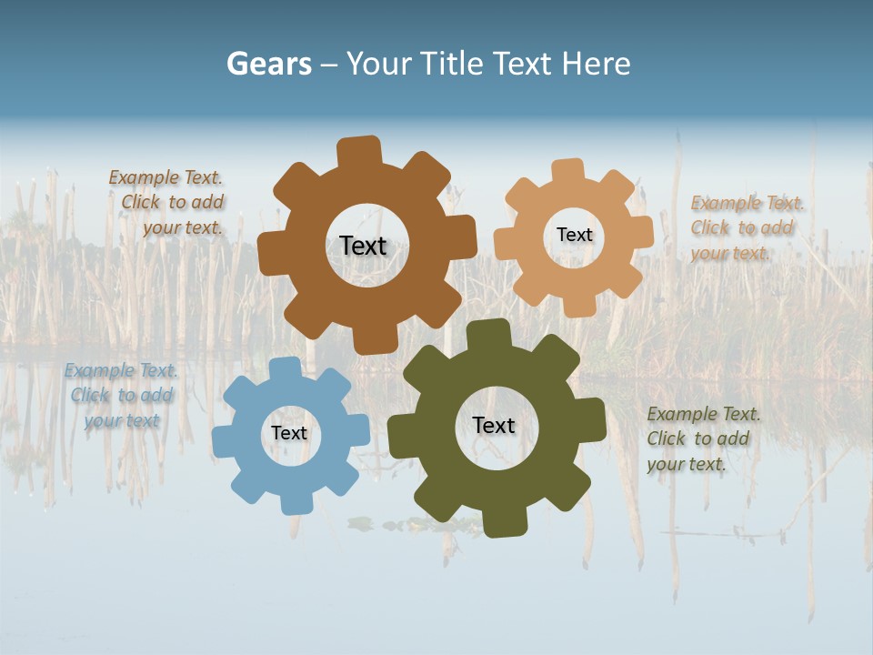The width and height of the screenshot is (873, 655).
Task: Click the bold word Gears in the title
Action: click(268, 64)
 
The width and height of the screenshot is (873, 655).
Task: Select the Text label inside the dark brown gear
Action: click(363, 246)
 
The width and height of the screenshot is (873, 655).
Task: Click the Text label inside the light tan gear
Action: click(574, 235)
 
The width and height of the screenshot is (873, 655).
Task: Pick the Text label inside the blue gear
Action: click(289, 433)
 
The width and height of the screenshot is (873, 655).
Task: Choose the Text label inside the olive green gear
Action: click(494, 425)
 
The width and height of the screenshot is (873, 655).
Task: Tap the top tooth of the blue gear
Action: click(284, 368)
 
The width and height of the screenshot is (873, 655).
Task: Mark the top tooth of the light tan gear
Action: click(568, 170)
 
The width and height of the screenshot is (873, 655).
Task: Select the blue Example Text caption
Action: click(121, 395)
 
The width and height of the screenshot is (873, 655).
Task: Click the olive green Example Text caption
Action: click(703, 438)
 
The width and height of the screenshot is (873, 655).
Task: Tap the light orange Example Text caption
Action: click(747, 227)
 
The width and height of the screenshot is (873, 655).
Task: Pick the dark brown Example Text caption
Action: click(166, 202)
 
